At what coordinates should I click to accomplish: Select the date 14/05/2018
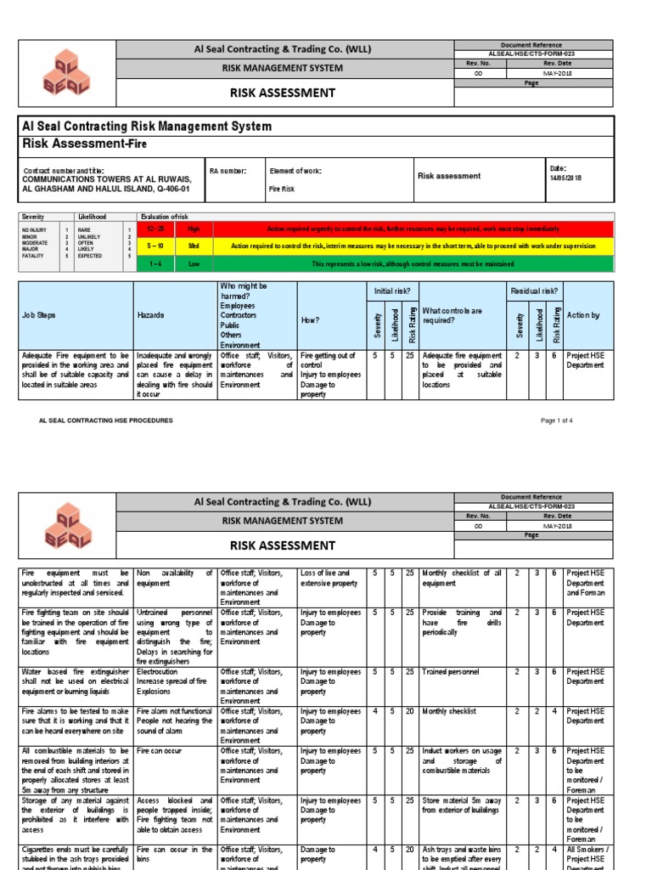566,178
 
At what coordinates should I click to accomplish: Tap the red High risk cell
194,229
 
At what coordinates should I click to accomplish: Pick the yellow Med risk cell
194,246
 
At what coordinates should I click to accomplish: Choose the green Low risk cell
194,264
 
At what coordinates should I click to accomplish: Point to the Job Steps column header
39,315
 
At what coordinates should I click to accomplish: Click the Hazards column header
151,315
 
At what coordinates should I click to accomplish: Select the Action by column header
582,315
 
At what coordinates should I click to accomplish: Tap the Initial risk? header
391,291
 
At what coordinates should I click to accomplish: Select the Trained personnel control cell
450,671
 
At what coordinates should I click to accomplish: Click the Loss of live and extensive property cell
330,579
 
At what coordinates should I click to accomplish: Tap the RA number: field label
228,171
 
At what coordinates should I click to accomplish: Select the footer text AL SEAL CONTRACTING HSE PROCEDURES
106,421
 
